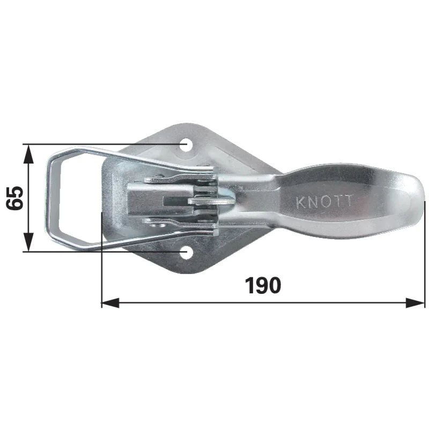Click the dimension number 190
point(263,285)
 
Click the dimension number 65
point(15,198)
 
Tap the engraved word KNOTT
point(324,202)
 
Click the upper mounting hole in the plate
point(186,144)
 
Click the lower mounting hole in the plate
point(186,252)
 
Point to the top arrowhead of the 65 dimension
point(28,153)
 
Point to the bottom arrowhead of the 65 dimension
point(28,242)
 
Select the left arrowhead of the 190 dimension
point(110,302)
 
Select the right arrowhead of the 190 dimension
point(415,302)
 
